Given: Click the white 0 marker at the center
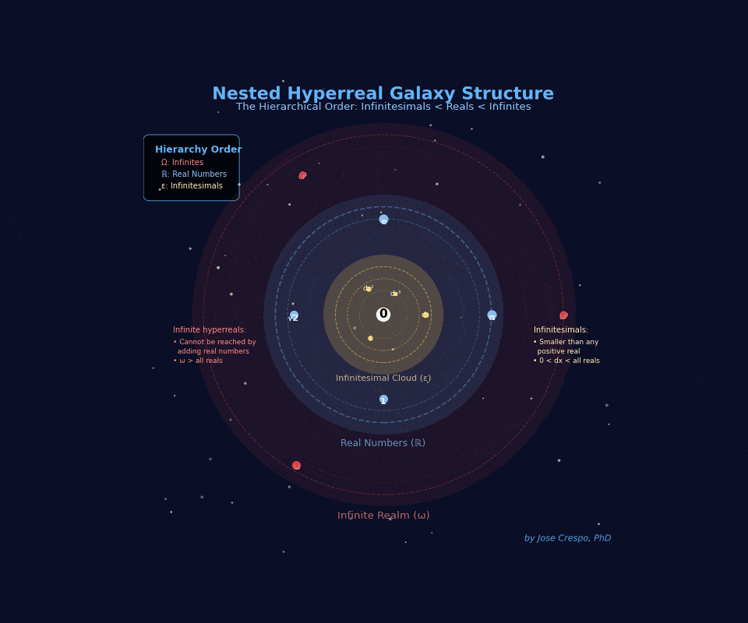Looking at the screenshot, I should [x=383, y=315].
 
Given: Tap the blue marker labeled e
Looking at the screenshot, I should [x=383, y=220].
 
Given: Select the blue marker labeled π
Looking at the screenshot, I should [x=492, y=315].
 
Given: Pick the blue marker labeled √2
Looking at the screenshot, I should [x=294, y=316].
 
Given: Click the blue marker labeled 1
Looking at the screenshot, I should [x=383, y=399].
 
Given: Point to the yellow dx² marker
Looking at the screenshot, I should [x=369, y=289].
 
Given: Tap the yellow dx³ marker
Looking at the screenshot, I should [x=395, y=294].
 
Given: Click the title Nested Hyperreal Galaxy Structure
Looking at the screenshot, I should [x=383, y=94].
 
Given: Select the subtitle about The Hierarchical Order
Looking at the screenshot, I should [x=383, y=107].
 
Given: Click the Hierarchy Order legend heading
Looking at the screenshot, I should [x=198, y=150].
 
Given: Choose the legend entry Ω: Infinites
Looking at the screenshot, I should [x=182, y=163].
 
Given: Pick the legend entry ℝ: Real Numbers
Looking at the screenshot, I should [x=194, y=174].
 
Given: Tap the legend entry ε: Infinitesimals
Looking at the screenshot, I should [x=192, y=186].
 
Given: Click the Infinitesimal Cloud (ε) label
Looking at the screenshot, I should [x=383, y=378].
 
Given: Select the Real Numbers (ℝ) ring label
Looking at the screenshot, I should [x=383, y=443].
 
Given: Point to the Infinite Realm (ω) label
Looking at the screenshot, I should [x=383, y=516].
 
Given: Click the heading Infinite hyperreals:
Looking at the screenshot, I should [x=210, y=330].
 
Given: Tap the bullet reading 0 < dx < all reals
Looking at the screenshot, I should [x=566, y=361].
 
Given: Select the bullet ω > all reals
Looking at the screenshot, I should [x=198, y=361].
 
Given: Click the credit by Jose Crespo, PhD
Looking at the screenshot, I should [x=567, y=538].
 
